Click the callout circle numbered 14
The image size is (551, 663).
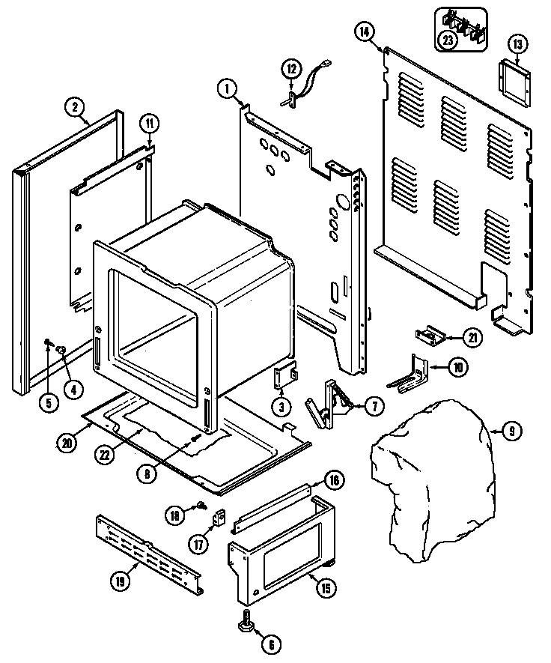pyautogui.click(x=365, y=31)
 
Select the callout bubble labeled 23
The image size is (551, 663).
pyautogui.click(x=448, y=41)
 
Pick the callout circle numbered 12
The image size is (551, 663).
pyautogui.click(x=292, y=69)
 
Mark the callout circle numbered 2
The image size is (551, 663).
pyautogui.click(x=76, y=106)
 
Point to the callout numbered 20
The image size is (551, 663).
pyautogui.click(x=67, y=442)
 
